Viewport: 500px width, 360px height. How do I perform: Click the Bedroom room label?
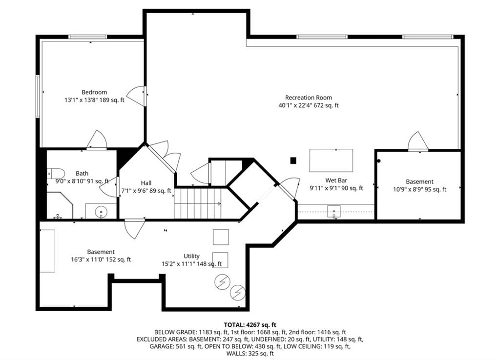click(x=94, y=92)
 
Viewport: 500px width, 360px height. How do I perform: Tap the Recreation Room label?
click(x=309, y=98)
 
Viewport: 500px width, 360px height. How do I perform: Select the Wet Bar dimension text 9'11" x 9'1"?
click(x=324, y=188)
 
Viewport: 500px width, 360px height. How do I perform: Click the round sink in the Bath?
click(x=101, y=212)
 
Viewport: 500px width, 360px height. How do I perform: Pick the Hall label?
click(x=146, y=183)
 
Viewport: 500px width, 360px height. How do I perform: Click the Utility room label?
click(x=191, y=256)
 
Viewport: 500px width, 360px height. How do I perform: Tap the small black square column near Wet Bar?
click(x=293, y=160)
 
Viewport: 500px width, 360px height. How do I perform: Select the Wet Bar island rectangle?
click(x=331, y=160)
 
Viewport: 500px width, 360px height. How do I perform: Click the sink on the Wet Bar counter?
click(x=334, y=212)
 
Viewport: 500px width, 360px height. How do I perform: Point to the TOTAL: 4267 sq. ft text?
click(x=250, y=325)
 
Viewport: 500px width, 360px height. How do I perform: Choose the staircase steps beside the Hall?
click(x=197, y=203)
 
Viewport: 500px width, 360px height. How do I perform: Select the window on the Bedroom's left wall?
click(x=38, y=96)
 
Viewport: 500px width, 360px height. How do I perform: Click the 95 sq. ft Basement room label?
click(x=419, y=181)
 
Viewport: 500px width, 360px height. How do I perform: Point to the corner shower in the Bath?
click(x=61, y=205)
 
